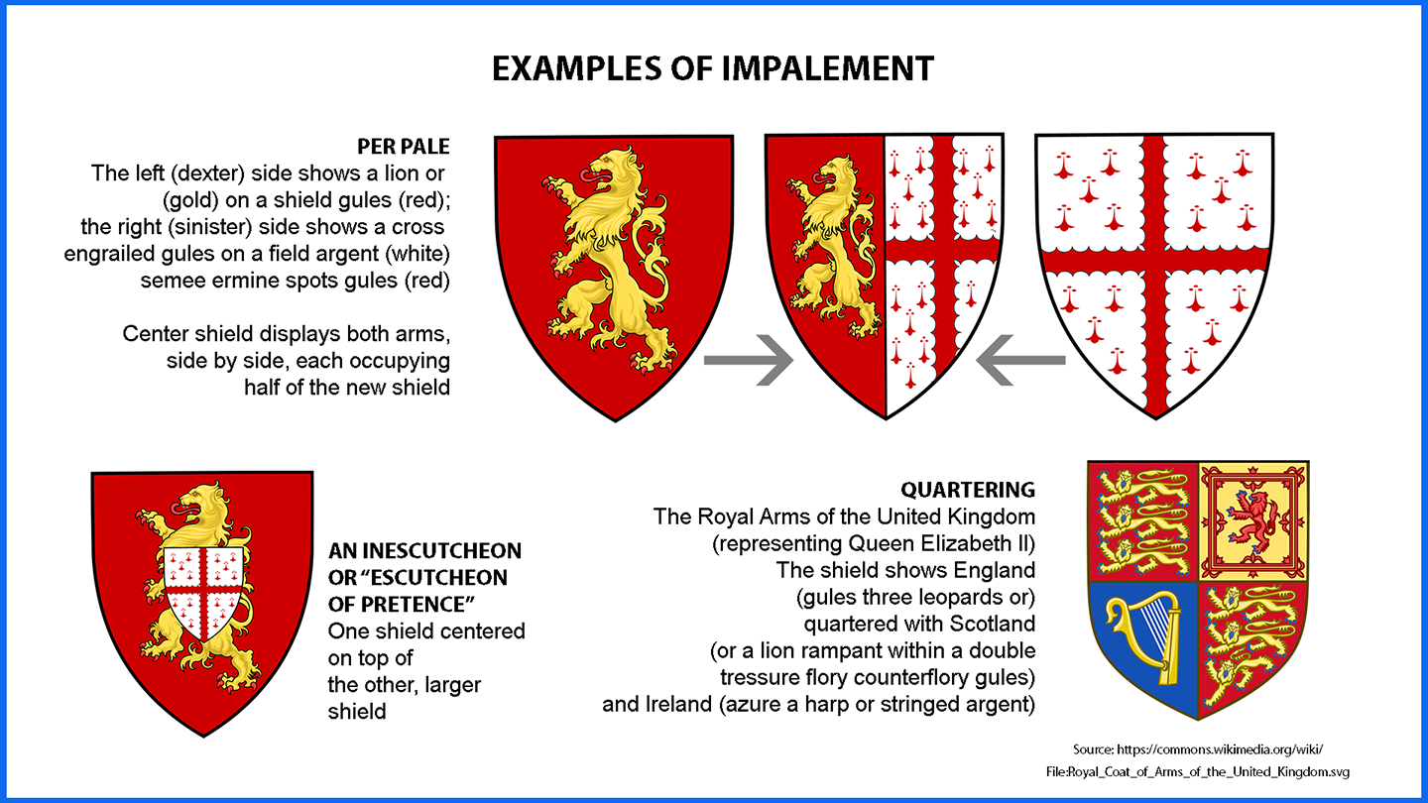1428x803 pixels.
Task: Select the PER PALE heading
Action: [x=403, y=147]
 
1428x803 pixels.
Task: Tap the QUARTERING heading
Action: [x=968, y=490]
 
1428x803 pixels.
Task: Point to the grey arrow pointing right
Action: [x=749, y=360]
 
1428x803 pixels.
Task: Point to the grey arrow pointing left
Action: [x=1020, y=360]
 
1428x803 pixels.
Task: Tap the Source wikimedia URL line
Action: [x=1198, y=748]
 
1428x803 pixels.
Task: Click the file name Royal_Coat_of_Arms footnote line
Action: [x=1198, y=771]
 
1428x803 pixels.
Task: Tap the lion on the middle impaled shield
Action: [x=830, y=247]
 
